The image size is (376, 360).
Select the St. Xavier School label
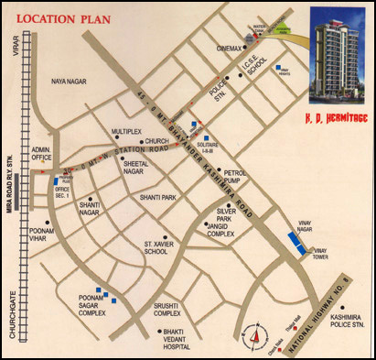(x=156, y=248)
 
